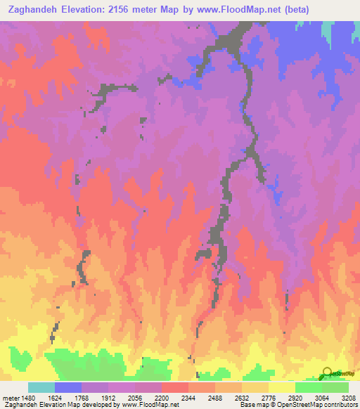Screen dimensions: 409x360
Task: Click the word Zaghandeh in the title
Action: [x=34, y=10]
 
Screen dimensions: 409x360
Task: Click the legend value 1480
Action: [x=27, y=398]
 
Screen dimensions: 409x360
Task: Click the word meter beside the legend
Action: [x=9, y=398]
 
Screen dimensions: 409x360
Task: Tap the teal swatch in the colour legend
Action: [x=41, y=387]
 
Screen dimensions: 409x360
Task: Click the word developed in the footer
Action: [x=101, y=405]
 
